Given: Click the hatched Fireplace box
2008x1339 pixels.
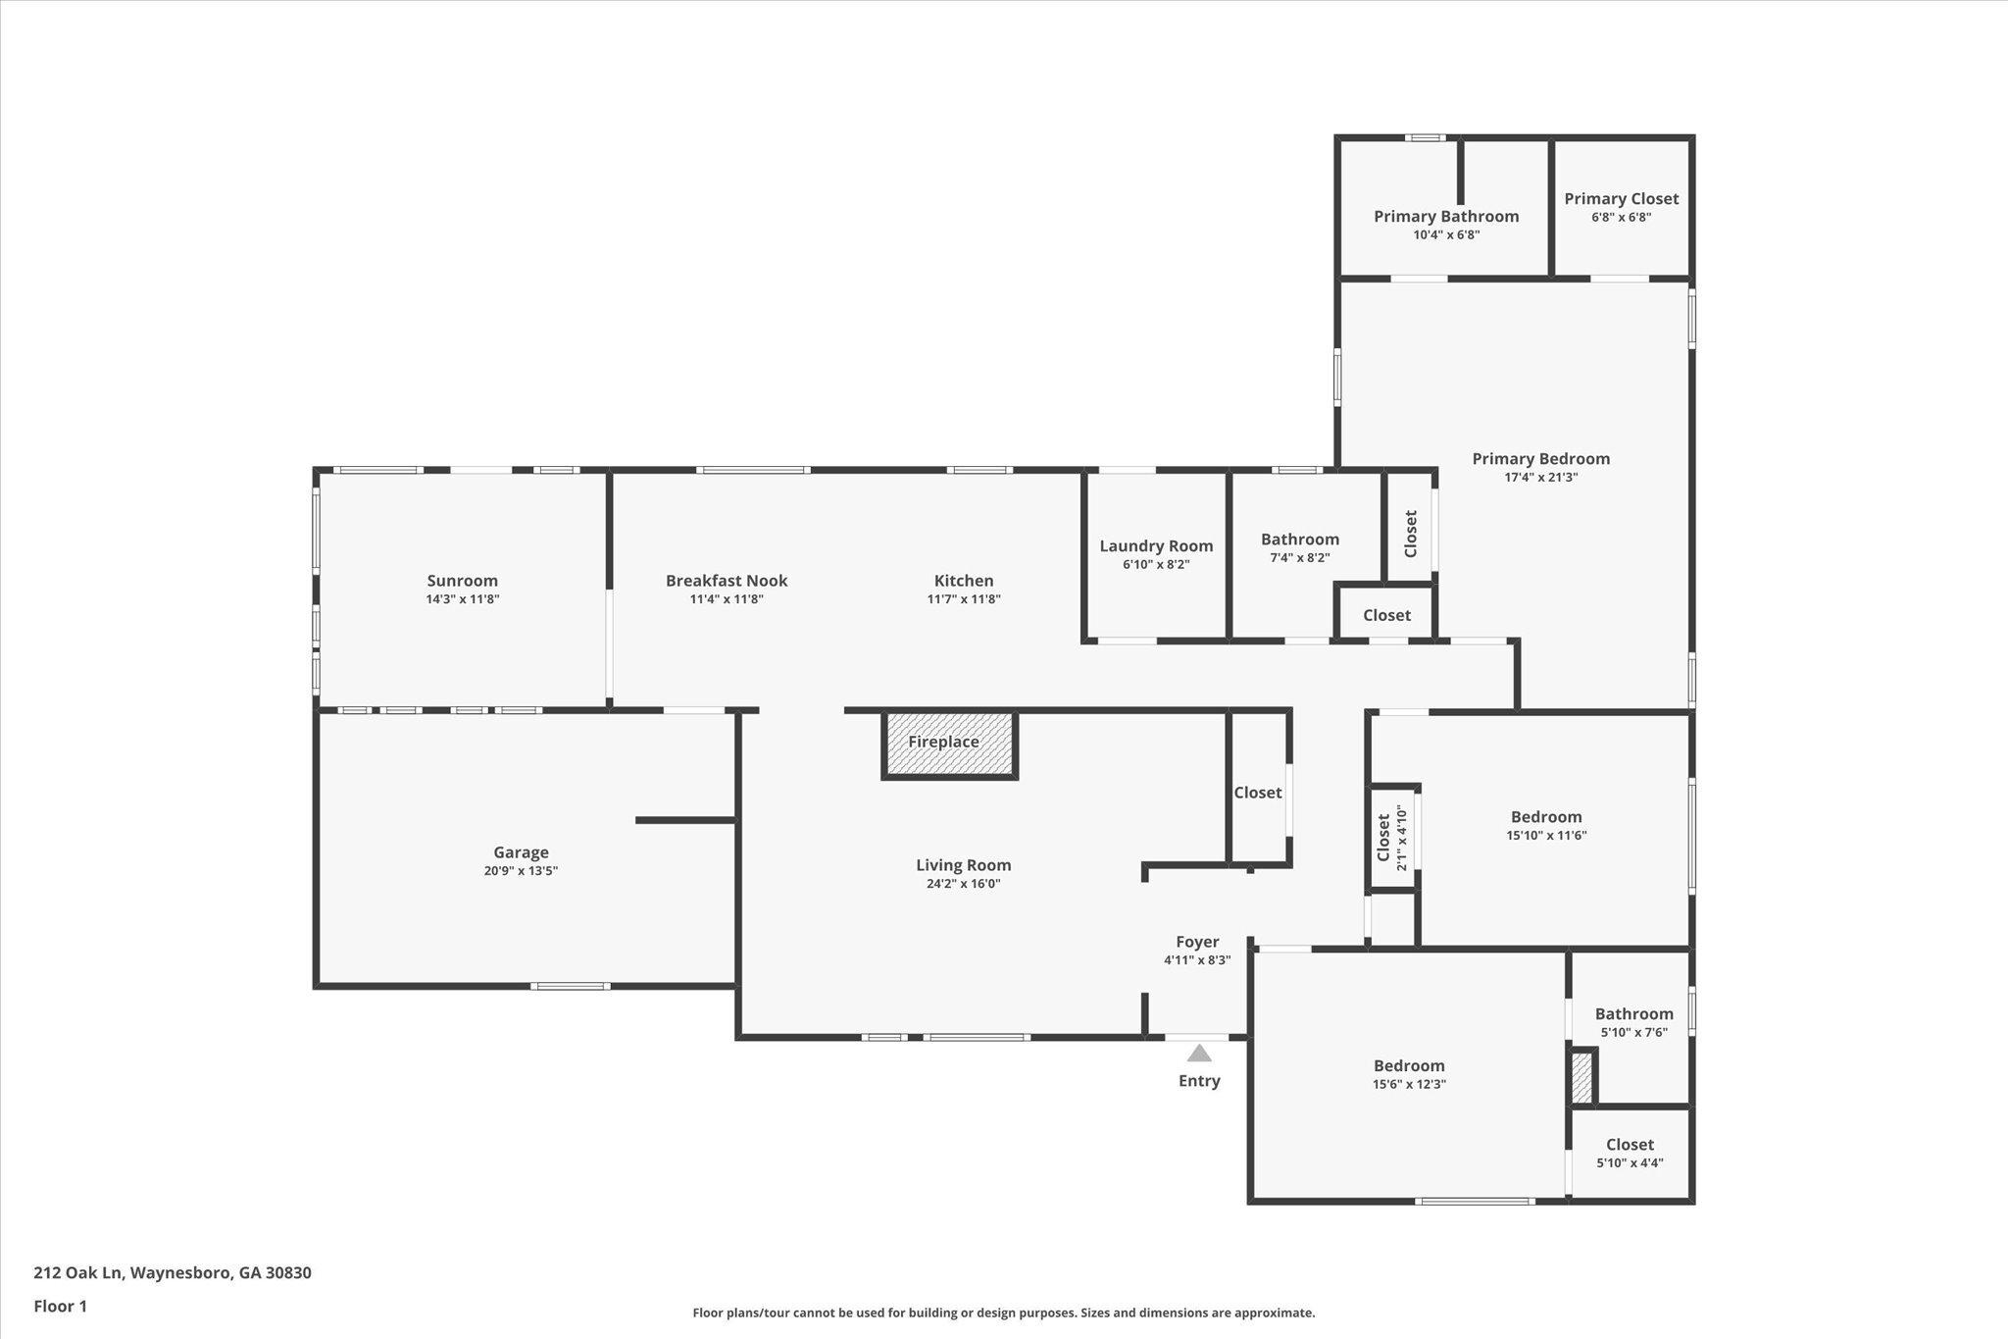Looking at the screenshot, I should pos(949,746).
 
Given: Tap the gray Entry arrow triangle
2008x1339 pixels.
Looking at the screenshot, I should pos(1198,1054).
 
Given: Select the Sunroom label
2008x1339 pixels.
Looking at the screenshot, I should pos(462,581).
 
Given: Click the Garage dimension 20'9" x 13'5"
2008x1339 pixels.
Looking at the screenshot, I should pos(521,871).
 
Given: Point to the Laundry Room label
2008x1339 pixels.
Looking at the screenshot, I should pos(1156,546).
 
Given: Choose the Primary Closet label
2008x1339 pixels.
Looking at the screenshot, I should pos(1621,199).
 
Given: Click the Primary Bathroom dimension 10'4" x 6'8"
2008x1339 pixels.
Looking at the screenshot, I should pos(1446,235).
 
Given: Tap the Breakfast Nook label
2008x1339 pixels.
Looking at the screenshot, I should pos(727,581).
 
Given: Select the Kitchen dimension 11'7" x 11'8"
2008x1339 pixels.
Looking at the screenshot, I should pos(964,599).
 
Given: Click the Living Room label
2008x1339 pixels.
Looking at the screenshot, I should pos(963,865).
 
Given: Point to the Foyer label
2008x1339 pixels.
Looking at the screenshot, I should pos(1197,942).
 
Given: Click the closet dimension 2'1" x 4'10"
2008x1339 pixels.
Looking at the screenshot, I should pos(1401,838).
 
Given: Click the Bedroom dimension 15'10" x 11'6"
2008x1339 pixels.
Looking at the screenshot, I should pos(1546,836).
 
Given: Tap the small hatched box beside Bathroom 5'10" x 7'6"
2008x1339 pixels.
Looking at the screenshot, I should pos(1581,1078).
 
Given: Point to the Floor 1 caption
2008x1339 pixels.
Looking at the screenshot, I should pos(61,1307).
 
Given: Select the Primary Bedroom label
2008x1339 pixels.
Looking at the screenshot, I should pos(1540,459).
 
